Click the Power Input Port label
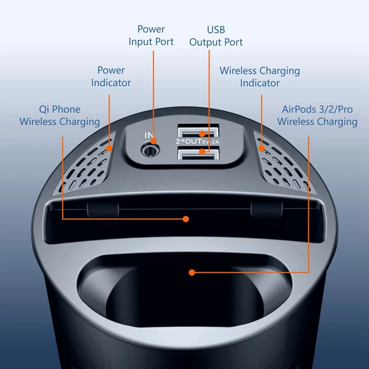151,36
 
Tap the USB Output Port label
216,36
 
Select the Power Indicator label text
111,77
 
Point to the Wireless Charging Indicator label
260,77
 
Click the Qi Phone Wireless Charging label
60,115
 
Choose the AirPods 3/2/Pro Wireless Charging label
317,115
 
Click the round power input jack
149,149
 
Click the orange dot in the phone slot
186,219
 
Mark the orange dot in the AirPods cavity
191,273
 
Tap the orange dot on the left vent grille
109,149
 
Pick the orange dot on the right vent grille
262,149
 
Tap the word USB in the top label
216,30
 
